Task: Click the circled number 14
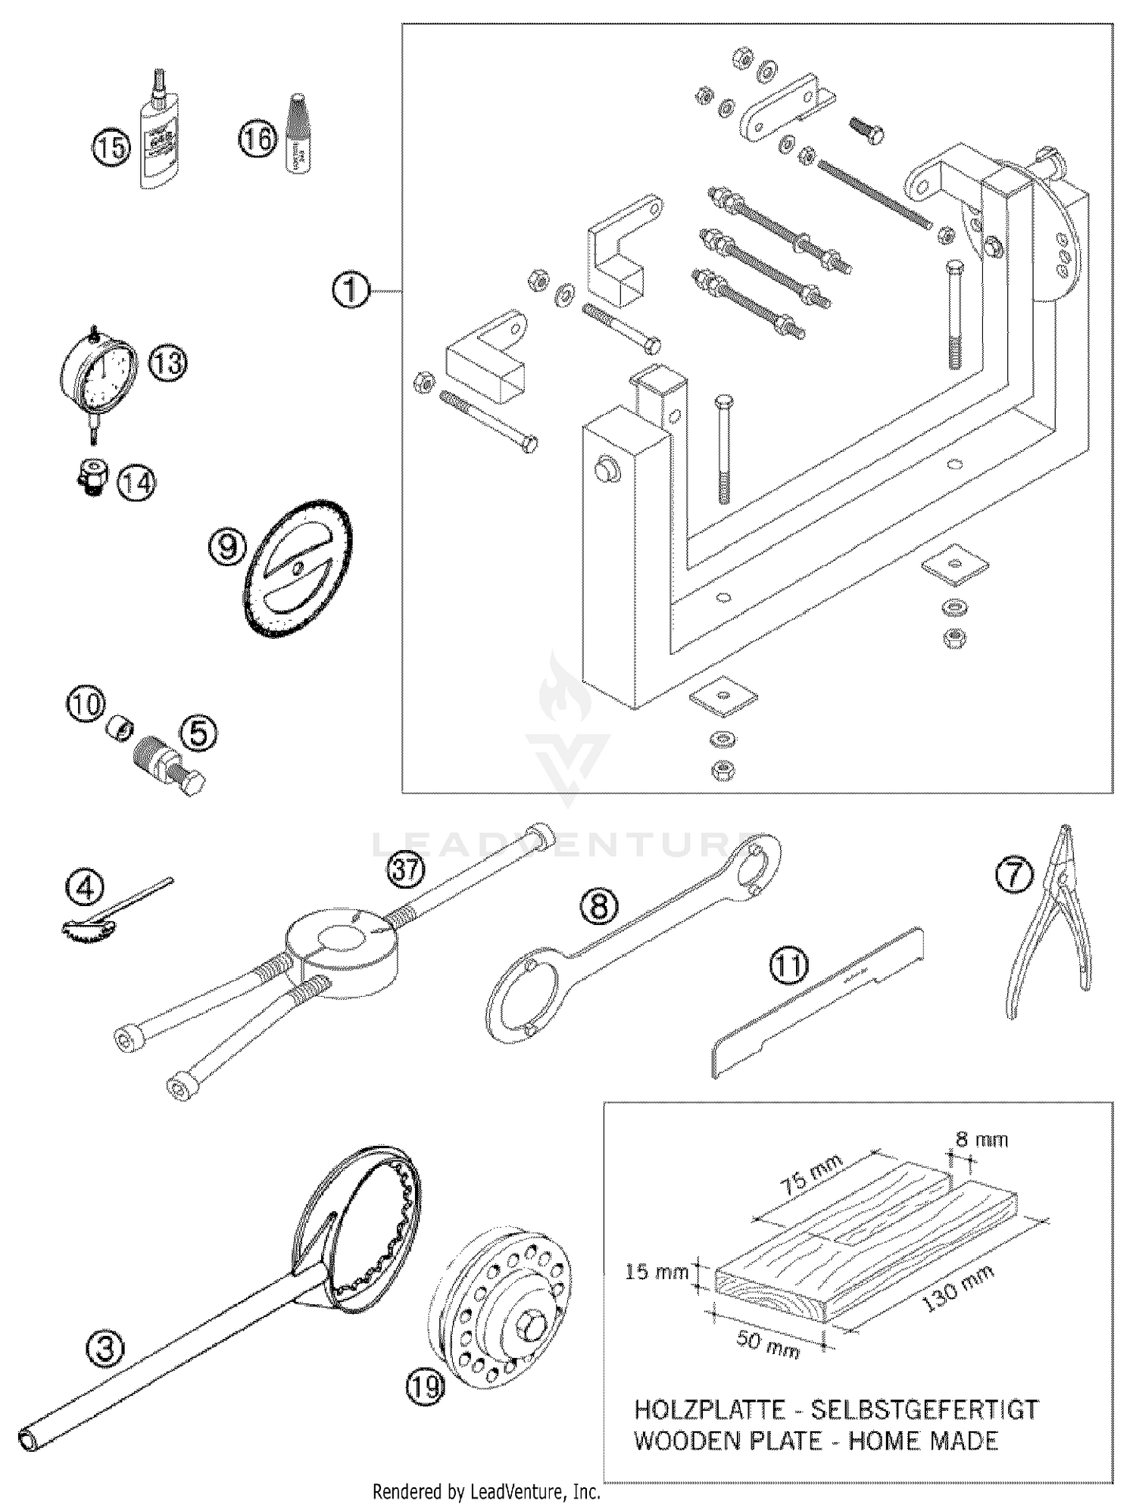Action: pyautogui.click(x=136, y=482)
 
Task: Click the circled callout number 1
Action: pyautogui.click(x=351, y=291)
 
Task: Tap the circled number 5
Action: pyautogui.click(x=198, y=732)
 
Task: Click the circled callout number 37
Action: pyautogui.click(x=405, y=870)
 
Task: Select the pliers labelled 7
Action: pyautogui.click(x=1051, y=920)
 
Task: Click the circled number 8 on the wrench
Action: pyautogui.click(x=598, y=905)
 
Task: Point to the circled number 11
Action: pyautogui.click(x=789, y=967)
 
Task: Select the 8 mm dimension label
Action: pyautogui.click(x=982, y=1139)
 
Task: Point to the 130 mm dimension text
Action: pyautogui.click(x=948, y=1294)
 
